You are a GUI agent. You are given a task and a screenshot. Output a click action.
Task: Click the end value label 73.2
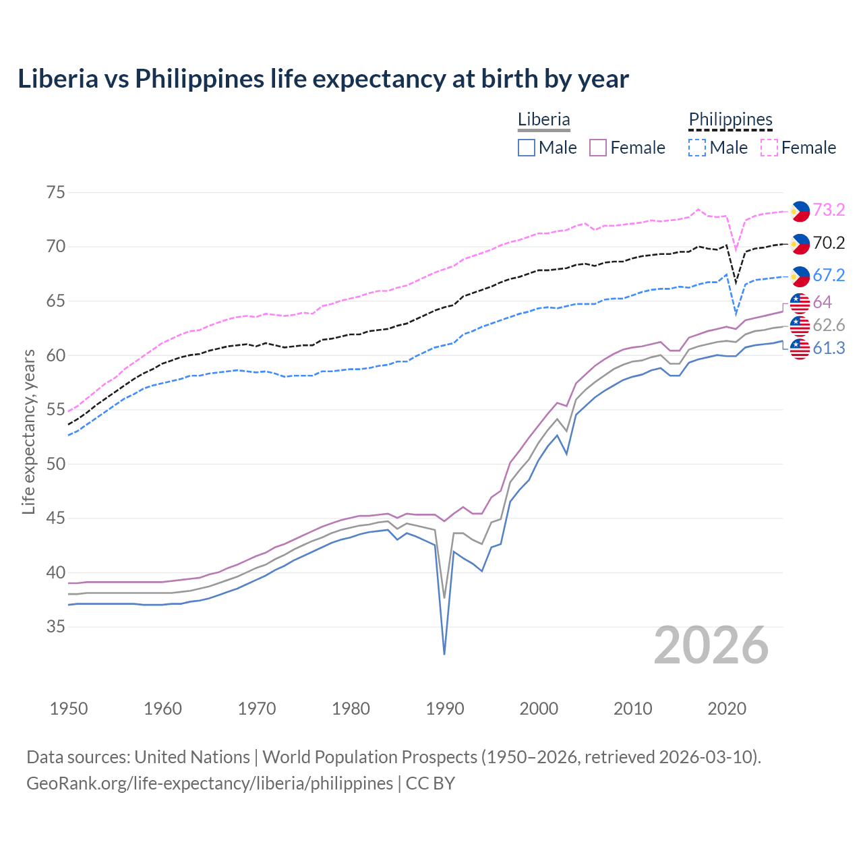click(829, 210)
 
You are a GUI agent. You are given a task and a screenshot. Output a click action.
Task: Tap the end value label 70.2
click(829, 243)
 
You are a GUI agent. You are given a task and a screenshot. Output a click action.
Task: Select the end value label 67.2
click(829, 275)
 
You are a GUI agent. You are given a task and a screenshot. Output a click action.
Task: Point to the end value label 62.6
click(829, 326)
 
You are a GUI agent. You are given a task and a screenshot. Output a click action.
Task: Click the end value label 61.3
click(829, 349)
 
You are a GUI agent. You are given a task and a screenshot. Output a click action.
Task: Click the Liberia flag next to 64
click(800, 303)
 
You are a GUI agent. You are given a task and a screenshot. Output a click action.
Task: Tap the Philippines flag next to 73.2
click(800, 211)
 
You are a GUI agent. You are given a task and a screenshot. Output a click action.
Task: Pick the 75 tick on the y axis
click(56, 193)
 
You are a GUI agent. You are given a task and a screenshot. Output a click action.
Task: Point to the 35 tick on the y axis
click(56, 627)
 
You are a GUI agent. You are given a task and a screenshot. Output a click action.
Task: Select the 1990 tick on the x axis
click(445, 709)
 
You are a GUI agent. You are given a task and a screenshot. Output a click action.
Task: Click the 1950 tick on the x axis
click(69, 709)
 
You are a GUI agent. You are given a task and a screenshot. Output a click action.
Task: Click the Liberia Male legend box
click(527, 148)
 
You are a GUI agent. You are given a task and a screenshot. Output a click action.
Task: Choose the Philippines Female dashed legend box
click(769, 148)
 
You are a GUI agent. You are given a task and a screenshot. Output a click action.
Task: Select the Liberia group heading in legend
click(544, 119)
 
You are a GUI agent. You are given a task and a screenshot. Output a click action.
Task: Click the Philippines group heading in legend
click(730, 119)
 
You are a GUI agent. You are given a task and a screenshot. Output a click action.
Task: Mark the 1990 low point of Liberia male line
click(444, 653)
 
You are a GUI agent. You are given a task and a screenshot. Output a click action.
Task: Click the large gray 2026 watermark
click(711, 646)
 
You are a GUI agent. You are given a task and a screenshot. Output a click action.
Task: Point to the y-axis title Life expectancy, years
click(28, 431)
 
